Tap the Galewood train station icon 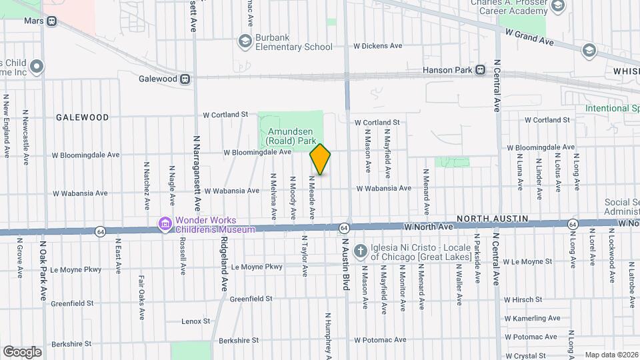186,79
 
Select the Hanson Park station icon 480,70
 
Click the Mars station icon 51,21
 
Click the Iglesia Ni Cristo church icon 360,251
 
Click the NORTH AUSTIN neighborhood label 492,219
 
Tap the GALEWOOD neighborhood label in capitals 83,117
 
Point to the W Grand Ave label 530,37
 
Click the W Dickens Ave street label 378,46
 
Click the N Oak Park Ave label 43,270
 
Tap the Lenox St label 196,321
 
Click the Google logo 22,351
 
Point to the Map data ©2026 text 611,355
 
